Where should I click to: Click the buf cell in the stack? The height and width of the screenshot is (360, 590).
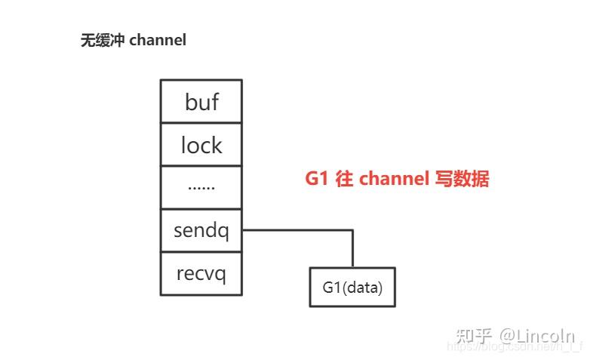point(201,101)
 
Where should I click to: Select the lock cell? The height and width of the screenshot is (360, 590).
point(201,144)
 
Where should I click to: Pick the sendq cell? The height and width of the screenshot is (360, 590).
point(201,230)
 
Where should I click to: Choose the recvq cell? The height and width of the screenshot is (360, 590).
point(201,273)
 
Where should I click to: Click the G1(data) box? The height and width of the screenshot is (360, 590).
point(352,287)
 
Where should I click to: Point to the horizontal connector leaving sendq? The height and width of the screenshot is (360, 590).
point(298,230)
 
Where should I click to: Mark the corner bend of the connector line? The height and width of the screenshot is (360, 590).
point(352,231)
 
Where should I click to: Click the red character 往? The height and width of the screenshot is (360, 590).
point(343,180)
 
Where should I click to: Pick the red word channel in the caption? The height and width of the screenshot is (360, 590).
point(392,180)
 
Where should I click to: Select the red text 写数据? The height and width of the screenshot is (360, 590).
point(462,180)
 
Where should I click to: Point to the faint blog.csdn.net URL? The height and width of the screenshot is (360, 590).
point(513,346)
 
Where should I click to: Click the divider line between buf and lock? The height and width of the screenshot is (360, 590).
point(201,122)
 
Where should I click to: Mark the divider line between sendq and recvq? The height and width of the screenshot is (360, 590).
point(201,252)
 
